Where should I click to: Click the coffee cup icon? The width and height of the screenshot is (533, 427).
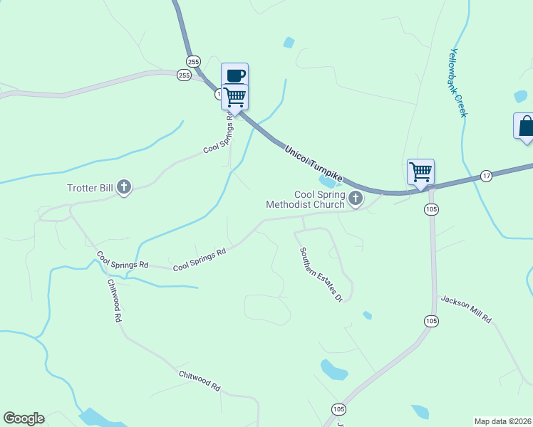click(x=235, y=75)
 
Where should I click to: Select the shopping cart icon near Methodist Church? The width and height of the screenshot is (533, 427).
click(x=420, y=171)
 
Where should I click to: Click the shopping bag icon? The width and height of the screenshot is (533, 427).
click(x=526, y=126)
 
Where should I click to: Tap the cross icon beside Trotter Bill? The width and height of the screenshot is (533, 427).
click(x=124, y=188)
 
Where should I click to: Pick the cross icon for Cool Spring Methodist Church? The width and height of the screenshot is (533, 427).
click(x=355, y=196)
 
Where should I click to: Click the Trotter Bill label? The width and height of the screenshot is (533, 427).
click(x=90, y=189)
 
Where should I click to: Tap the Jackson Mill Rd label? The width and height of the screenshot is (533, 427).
click(x=466, y=310)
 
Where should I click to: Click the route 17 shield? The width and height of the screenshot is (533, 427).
click(x=486, y=176)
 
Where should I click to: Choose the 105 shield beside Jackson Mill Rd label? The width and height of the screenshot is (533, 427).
click(x=431, y=322)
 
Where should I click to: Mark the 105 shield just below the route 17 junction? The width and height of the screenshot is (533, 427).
click(x=431, y=209)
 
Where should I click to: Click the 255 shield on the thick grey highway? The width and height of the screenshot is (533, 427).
click(x=192, y=60)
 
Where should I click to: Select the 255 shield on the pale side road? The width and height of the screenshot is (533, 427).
click(x=185, y=75)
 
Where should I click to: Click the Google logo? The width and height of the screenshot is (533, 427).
click(x=24, y=418)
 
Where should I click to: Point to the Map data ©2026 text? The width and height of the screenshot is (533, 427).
click(x=503, y=421)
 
